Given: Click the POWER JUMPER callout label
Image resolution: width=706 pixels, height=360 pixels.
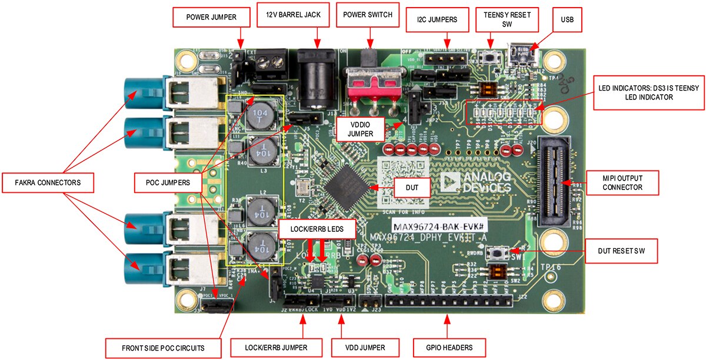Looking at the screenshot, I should click(211, 17).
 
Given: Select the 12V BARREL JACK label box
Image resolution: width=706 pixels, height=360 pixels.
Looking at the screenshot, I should click(289, 15).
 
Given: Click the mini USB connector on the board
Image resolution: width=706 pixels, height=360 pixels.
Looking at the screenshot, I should click(521, 54).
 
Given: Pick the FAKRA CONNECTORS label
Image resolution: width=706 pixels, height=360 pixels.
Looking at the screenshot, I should click(48, 183).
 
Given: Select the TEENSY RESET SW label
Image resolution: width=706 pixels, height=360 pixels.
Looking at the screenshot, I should click(507, 19).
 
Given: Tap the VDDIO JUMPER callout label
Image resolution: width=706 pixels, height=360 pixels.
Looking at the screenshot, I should click(360, 129).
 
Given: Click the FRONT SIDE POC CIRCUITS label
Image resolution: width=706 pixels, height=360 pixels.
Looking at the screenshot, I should click(163, 348).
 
